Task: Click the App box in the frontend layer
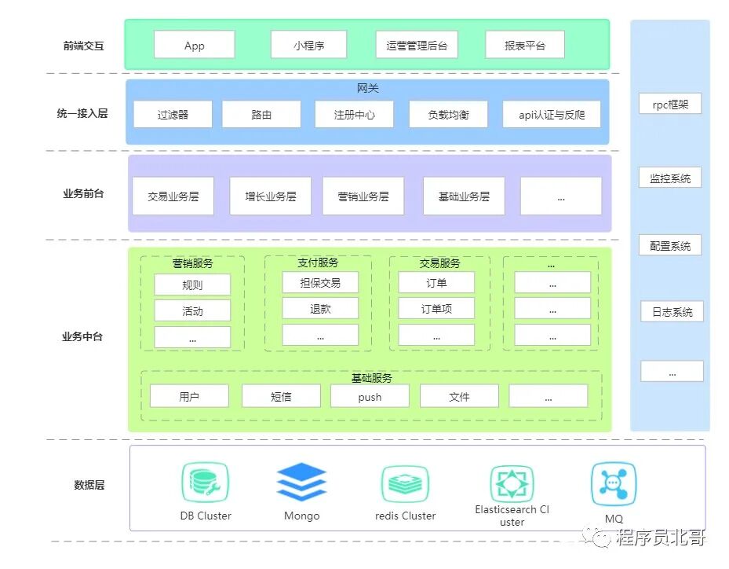[194, 45]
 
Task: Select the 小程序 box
[308, 45]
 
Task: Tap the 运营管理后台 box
[416, 45]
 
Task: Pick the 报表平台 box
[524, 45]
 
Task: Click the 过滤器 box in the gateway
[173, 114]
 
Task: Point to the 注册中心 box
[354, 114]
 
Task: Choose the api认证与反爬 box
[552, 114]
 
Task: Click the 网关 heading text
[367, 88]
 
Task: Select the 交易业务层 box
[173, 196]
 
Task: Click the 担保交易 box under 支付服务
[320, 282]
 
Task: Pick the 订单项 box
[436, 308]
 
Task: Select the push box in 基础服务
[370, 396]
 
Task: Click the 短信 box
[281, 396]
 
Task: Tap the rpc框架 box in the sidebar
[669, 104]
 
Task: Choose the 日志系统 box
[672, 311]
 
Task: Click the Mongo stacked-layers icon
[301, 482]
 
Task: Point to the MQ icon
[614, 483]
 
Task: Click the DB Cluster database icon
[205, 482]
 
